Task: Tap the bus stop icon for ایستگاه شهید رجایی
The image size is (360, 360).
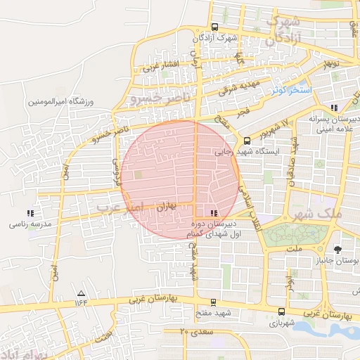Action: click(247, 141)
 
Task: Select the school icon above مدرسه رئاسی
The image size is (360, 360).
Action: click(30, 212)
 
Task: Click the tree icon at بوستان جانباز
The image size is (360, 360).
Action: click(339, 250)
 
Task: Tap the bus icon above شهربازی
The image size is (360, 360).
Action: click(281, 312)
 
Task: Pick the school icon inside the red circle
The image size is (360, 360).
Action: click(214, 212)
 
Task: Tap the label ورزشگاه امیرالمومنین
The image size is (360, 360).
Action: click(61, 102)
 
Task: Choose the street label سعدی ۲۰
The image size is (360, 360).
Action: click(196, 330)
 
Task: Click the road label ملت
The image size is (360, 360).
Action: click(294, 249)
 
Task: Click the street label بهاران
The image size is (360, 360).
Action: click(163, 209)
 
